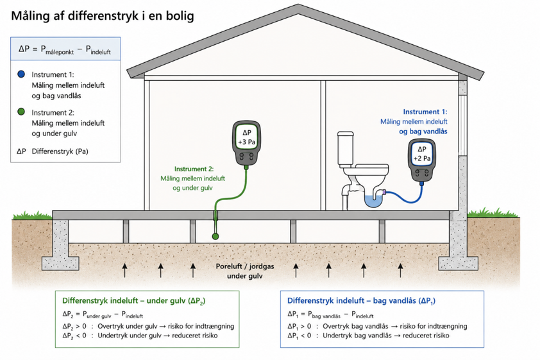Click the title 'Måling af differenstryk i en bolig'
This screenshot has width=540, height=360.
click(x=103, y=16)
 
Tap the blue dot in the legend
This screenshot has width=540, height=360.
click(x=21, y=74)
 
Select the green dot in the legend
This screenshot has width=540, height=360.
click(x=21, y=112)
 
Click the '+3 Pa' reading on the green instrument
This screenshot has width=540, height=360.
click(x=246, y=142)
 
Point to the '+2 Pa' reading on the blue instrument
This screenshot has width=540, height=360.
click(x=422, y=159)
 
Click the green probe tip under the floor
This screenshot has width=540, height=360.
click(x=215, y=236)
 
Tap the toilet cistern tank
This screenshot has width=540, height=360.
click(x=346, y=148)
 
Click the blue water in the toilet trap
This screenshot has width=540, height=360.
click(x=375, y=201)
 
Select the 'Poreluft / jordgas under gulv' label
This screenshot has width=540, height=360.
click(x=245, y=271)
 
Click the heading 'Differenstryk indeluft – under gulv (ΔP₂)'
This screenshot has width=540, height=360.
click(x=133, y=301)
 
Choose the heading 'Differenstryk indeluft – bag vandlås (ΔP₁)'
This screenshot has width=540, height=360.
click(x=361, y=301)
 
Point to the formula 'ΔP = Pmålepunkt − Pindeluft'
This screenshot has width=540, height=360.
click(x=65, y=49)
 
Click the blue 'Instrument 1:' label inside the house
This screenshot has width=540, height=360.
click(x=425, y=112)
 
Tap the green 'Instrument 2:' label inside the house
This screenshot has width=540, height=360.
click(x=194, y=169)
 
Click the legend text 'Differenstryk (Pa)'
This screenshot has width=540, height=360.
click(x=60, y=151)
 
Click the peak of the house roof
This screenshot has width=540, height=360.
click(x=298, y=5)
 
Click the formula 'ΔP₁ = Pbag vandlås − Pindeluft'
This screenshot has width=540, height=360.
click(x=330, y=314)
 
